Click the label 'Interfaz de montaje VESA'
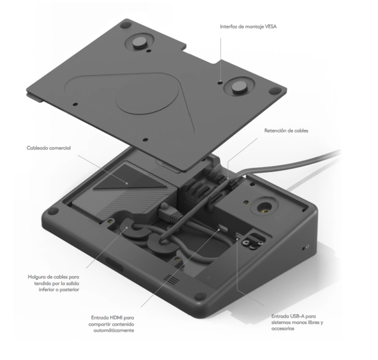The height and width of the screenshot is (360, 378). (x=248, y=26)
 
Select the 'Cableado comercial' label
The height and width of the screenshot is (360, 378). (x=48, y=148)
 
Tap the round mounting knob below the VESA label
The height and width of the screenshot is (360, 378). (x=242, y=86)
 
